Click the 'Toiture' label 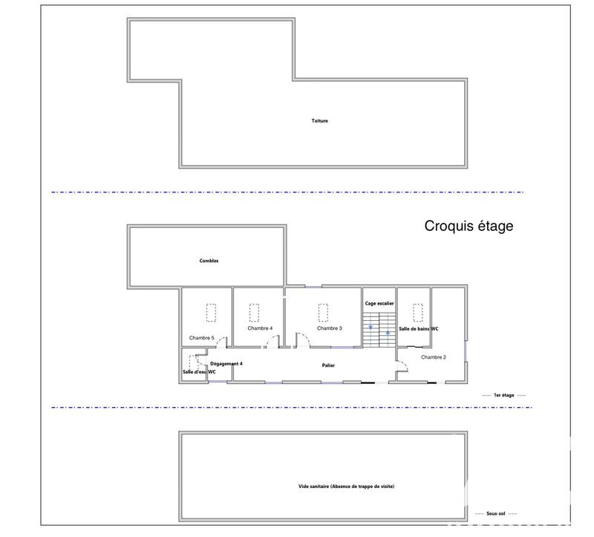320,121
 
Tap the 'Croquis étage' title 469,226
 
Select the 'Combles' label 209,261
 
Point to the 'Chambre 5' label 201,338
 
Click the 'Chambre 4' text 261,328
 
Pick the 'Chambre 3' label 329,328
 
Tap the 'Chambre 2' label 434,357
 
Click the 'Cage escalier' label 379,304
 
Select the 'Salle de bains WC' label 419,328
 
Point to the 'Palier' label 328,365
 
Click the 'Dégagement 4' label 226,363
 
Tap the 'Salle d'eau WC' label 199,372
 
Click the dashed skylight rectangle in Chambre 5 211,313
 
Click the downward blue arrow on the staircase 371,327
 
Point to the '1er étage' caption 504,395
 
